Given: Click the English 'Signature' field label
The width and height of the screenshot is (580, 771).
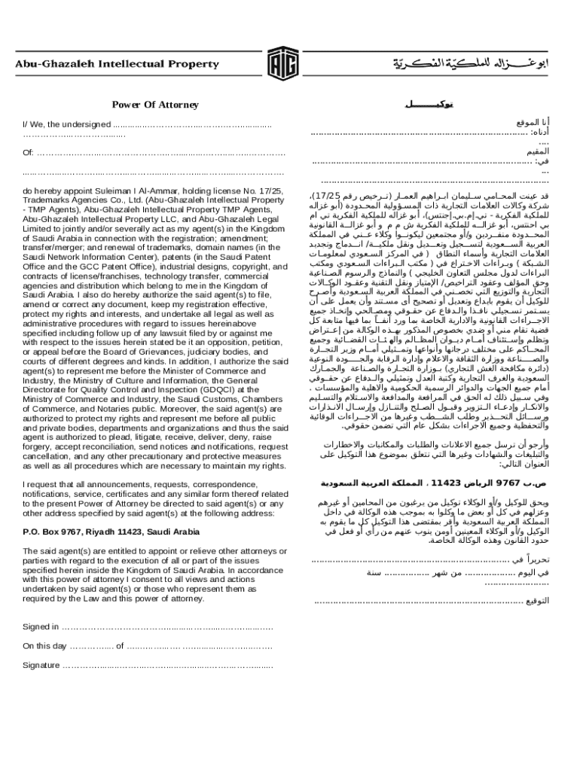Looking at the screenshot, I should (41, 666).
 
